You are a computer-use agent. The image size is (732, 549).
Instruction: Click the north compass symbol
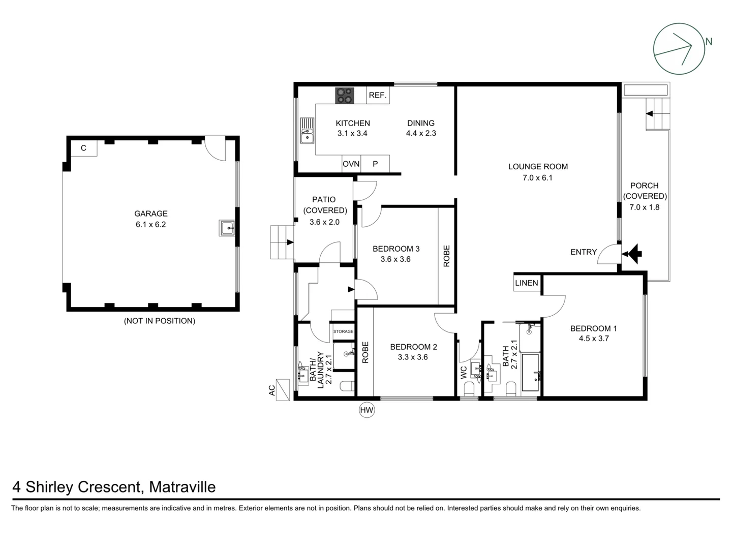click(679, 49)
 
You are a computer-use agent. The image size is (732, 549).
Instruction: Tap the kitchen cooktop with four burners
click(344, 96)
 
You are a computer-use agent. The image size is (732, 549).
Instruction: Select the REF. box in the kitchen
click(378, 96)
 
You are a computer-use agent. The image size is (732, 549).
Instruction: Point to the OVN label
click(351, 164)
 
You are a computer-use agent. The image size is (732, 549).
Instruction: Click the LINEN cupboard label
click(526, 283)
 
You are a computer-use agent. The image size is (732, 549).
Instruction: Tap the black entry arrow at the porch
click(633, 253)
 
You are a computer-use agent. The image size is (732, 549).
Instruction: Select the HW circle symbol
click(367, 410)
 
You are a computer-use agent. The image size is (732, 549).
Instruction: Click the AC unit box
click(283, 390)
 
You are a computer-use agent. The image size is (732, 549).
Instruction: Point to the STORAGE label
click(343, 331)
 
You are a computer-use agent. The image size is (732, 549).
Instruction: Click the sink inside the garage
click(227, 228)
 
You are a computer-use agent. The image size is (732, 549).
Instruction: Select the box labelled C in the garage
click(83, 148)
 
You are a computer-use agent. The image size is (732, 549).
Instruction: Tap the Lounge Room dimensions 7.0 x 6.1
click(537, 178)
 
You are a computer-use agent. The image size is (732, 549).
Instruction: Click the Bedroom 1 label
click(593, 328)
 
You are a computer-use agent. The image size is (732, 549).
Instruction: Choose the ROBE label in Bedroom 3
click(446, 256)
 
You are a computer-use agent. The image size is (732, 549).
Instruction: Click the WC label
click(463, 373)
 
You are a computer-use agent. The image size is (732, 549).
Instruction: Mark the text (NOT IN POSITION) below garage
click(160, 321)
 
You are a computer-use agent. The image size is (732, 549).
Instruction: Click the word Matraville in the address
click(182, 487)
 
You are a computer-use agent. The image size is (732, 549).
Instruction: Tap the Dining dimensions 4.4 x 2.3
click(421, 133)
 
